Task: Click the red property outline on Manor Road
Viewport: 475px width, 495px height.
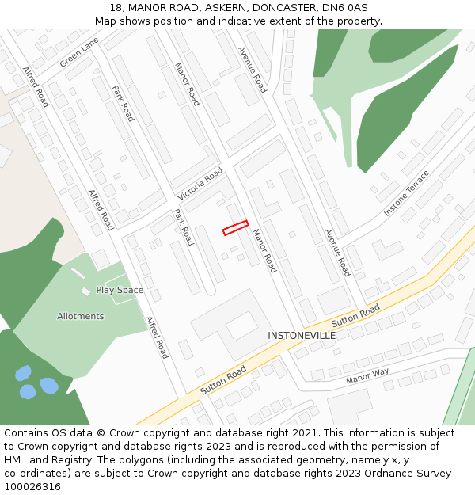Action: (235, 228)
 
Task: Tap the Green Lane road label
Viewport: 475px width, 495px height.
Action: (79, 51)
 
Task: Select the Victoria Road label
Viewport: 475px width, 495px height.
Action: (199, 185)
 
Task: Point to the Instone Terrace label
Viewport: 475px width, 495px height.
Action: (406, 193)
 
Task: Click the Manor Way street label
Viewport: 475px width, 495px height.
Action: (367, 376)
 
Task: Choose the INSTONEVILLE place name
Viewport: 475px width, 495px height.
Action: (302, 336)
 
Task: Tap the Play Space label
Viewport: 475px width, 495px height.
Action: (120, 290)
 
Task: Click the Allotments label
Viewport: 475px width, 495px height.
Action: (80, 316)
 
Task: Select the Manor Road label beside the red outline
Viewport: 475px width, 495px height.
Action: (264, 251)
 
